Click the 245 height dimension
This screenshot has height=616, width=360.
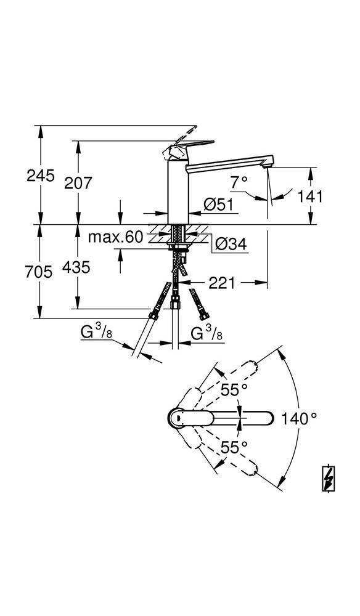click(41, 176)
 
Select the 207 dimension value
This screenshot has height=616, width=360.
click(78, 182)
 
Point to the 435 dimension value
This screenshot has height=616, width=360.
click(78, 267)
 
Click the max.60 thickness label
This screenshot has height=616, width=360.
click(115, 237)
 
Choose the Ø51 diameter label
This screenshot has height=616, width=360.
click(220, 205)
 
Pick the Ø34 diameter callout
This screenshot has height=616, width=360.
click(231, 245)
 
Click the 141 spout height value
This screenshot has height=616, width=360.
click(310, 196)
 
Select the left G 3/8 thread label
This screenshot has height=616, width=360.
click(96, 333)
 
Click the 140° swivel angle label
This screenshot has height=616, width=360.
click(298, 419)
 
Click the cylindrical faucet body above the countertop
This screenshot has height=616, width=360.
click(178, 191)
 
